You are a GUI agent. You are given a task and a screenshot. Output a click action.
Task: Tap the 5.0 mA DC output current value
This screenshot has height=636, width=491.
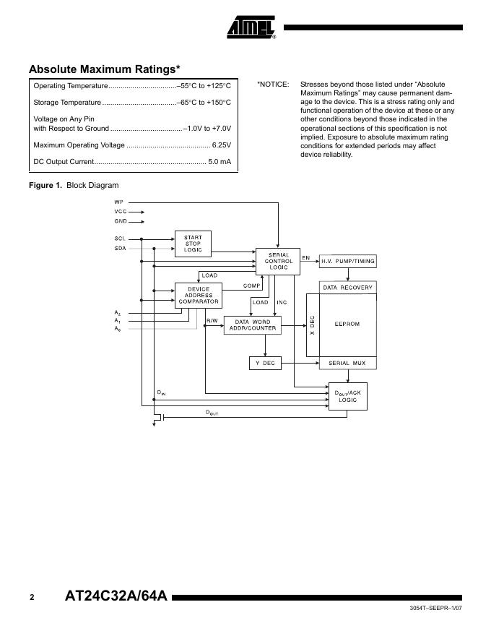tap(220, 162)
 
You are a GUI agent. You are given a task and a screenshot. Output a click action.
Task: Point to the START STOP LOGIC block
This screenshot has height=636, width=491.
tap(193, 244)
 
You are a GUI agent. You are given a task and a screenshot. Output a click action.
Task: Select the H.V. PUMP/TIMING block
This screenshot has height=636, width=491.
tap(348, 261)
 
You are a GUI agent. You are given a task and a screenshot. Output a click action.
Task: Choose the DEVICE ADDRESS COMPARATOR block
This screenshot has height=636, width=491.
tap(198, 296)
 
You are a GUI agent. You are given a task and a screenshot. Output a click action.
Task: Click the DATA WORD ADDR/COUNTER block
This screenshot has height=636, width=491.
tap(253, 325)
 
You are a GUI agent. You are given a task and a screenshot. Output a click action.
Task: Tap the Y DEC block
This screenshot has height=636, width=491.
tap(265, 363)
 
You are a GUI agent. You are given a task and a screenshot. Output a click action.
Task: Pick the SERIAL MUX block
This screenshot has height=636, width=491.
tap(347, 363)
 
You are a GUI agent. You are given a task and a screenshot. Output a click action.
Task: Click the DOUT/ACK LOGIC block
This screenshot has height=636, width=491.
tap(348, 396)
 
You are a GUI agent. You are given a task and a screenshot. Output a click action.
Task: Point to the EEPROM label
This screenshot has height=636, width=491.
tap(347, 325)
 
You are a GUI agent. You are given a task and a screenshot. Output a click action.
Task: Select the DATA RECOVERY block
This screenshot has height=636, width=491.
tap(347, 288)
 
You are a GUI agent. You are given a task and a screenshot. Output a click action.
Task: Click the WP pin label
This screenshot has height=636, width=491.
tap(118, 203)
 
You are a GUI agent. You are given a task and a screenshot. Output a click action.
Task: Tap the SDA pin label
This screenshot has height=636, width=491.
tap(119, 248)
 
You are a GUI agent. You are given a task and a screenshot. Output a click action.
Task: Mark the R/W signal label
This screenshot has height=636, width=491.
tap(212, 320)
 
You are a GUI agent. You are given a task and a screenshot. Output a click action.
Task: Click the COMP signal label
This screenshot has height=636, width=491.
tap(252, 285)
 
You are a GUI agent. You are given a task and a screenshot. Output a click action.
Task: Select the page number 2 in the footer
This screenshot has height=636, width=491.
tap(32, 598)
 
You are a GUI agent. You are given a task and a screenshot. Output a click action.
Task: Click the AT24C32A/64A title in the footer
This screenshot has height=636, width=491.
tap(116, 597)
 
